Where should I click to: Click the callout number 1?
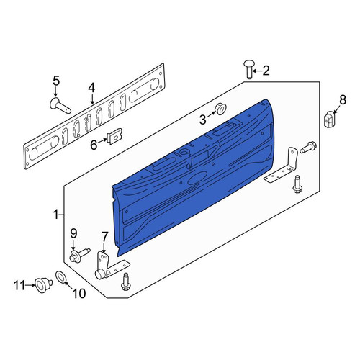[56, 215]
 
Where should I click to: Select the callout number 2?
[266, 71]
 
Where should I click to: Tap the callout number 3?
[203, 120]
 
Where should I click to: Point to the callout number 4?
[91, 88]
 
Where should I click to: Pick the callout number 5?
[56, 81]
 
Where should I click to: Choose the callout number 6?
[94, 145]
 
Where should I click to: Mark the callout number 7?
[105, 237]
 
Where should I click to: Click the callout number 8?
[343, 99]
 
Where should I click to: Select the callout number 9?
[73, 233]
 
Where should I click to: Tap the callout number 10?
[79, 293]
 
